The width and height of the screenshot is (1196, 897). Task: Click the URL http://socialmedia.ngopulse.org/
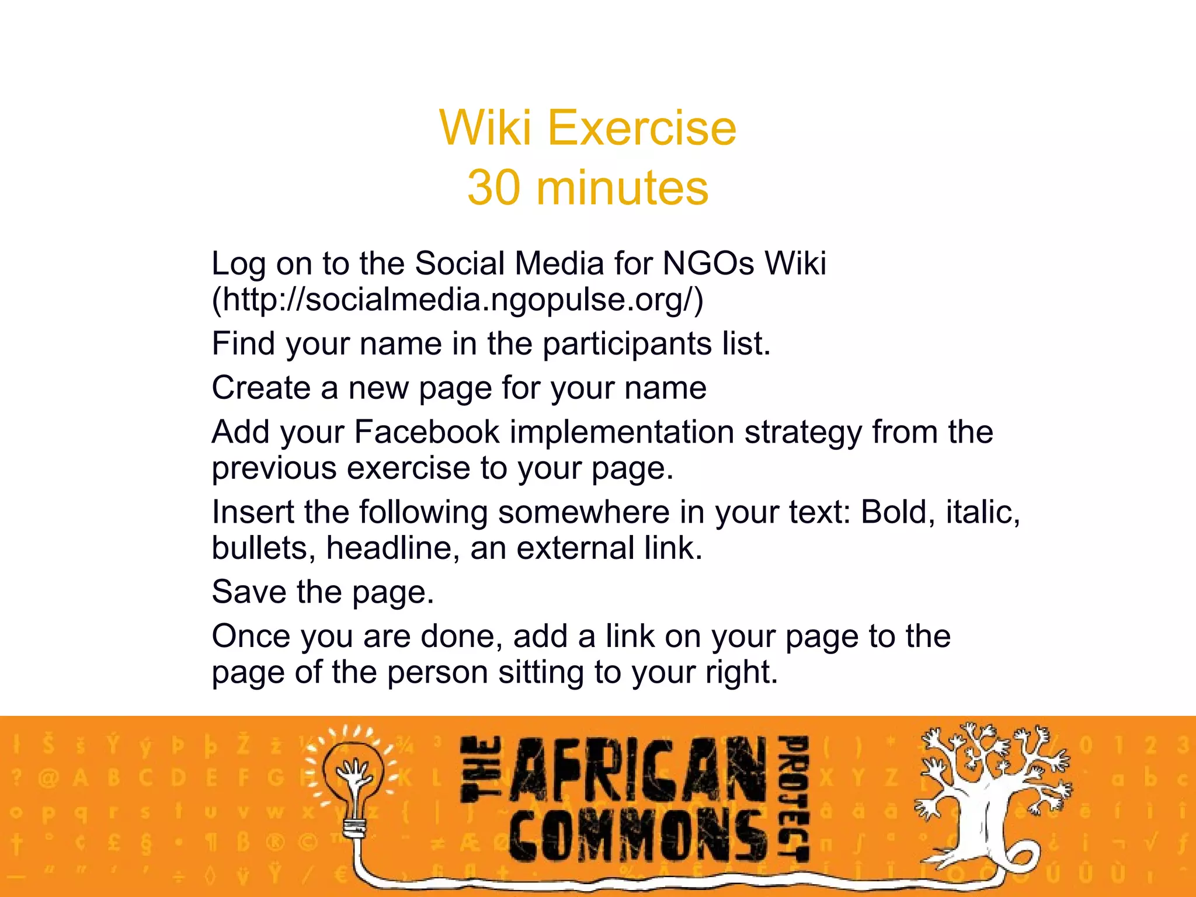[x=457, y=300]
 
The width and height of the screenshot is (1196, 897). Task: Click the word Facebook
[x=427, y=432]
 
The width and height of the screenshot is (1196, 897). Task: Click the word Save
[x=249, y=592]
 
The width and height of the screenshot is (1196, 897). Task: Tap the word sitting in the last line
[x=541, y=672]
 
